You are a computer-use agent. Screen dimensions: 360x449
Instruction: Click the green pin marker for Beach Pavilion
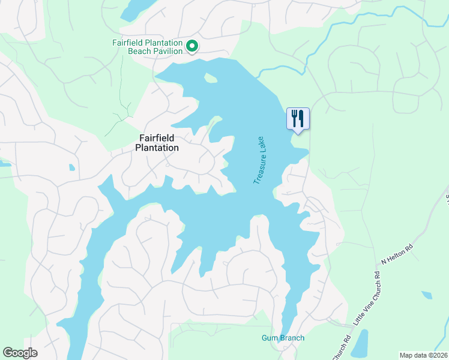[x=192, y=46]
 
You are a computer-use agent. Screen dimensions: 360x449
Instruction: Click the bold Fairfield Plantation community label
[x=157, y=143]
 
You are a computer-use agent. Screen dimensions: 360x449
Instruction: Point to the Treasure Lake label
[x=261, y=159]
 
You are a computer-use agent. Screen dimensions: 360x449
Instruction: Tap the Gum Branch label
[x=283, y=338]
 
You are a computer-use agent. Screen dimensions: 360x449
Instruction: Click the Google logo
[x=20, y=353]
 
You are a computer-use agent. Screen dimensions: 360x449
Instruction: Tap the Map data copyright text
[x=423, y=355]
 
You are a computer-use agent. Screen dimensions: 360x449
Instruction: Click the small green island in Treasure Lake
[x=210, y=77]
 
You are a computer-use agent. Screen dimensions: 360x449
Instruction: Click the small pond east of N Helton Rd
[x=426, y=295]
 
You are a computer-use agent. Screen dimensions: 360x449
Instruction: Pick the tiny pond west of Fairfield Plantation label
[x=72, y=167]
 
